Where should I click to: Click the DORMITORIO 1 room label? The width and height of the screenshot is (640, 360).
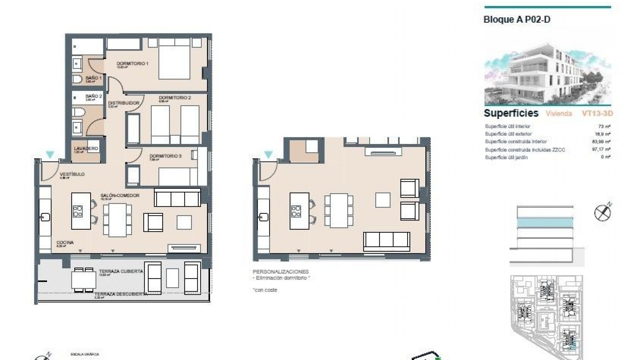coord(132,64)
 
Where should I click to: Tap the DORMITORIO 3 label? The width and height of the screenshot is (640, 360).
coord(165,156)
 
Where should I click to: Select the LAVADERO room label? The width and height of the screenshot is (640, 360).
coord(86,149)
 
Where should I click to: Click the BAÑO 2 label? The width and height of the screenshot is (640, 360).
coord(93,96)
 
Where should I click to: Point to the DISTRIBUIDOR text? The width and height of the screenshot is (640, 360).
coord(124,103)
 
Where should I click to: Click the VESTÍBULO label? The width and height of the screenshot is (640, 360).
coord(72,174)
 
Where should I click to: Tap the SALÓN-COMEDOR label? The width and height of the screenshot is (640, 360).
coord(120,196)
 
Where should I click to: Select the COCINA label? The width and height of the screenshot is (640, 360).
coord(65,243)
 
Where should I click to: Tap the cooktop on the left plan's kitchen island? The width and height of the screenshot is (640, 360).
coord(78,211)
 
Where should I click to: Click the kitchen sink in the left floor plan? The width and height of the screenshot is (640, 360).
coord(45,217)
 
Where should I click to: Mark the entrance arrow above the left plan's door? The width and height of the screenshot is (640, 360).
coord(50,155)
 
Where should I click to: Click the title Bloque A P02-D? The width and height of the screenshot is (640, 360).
coord(517,20)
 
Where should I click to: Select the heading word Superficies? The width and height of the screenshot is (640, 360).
coord(511,113)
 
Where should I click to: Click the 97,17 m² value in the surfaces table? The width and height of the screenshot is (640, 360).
coord(603,149)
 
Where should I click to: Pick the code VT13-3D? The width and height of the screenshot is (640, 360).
coord(597,114)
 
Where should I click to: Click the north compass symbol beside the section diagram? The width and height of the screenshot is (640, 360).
coord(603,213)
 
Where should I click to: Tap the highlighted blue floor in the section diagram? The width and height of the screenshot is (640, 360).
coord(545,223)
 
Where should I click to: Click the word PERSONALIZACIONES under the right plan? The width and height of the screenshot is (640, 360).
coord(281,272)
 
